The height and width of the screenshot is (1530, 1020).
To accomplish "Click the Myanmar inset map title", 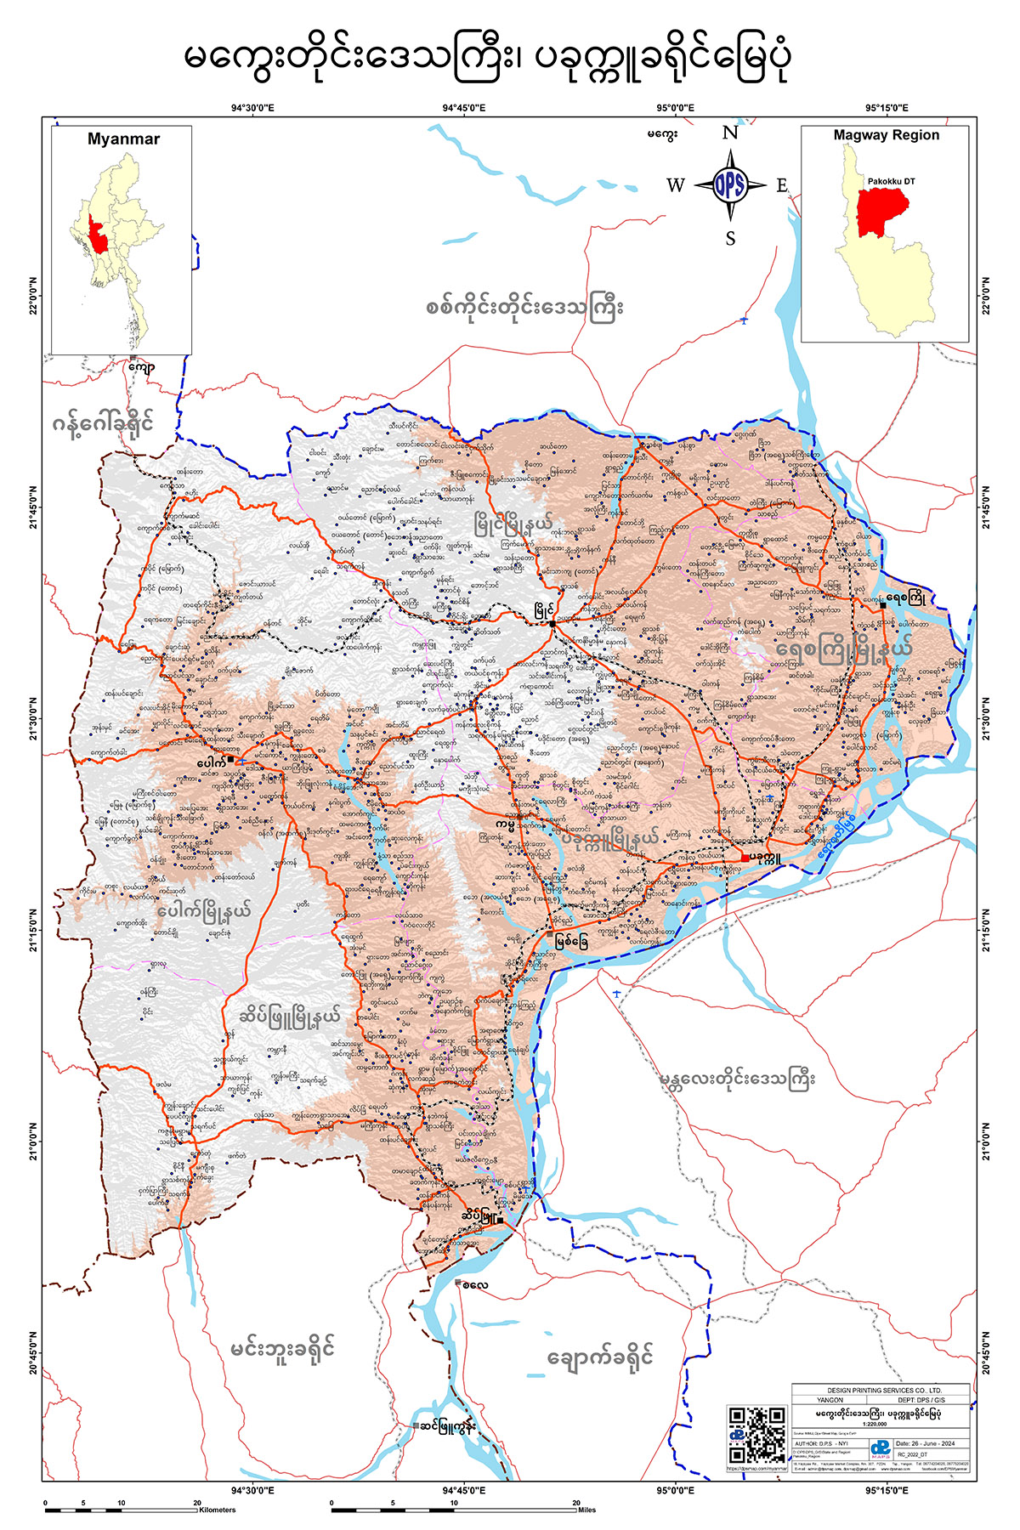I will (x=123, y=139).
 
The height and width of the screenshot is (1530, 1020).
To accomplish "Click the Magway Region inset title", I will (x=886, y=135).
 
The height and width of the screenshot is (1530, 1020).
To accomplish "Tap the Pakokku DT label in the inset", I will (x=891, y=181).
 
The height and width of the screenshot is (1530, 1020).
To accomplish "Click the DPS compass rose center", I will (x=729, y=185).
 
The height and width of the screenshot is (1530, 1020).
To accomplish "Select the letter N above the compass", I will (x=730, y=133).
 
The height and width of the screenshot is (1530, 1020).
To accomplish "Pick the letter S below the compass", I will (x=730, y=239).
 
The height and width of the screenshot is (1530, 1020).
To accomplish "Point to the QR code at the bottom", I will (x=756, y=1435).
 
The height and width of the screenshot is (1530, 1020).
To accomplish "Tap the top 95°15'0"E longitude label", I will (x=887, y=108).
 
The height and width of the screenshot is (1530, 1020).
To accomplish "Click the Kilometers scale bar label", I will (x=218, y=1510).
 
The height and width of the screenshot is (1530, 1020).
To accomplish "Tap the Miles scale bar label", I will (x=586, y=1510).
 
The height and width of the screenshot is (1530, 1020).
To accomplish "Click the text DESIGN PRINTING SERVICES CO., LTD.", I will (x=879, y=1389).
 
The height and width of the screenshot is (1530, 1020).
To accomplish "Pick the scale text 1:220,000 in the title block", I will (x=879, y=1424).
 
